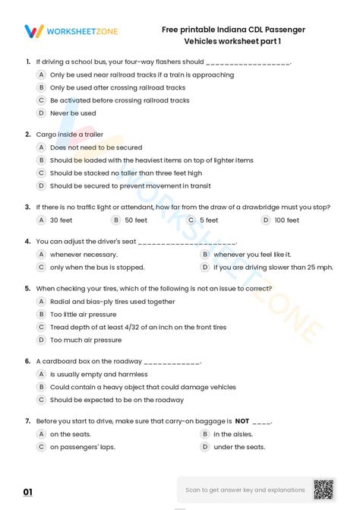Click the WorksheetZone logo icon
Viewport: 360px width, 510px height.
coord(33,31)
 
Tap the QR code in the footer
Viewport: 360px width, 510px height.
coord(323,489)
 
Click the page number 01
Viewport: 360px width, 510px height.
coord(28,493)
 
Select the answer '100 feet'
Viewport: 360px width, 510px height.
coord(286,220)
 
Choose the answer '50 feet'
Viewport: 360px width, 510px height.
coord(136,220)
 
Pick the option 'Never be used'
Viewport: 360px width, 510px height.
coord(73,113)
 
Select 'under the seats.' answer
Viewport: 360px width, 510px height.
coord(239,447)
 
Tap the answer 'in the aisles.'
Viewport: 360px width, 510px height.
coord(233,434)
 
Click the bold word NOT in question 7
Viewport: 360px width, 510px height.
coord(242,420)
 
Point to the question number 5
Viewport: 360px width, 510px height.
coord(27,288)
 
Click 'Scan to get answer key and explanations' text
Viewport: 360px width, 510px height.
coord(245,489)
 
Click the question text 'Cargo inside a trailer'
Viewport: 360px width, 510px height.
coord(70,134)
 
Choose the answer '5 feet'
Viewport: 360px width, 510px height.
coord(209,220)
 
